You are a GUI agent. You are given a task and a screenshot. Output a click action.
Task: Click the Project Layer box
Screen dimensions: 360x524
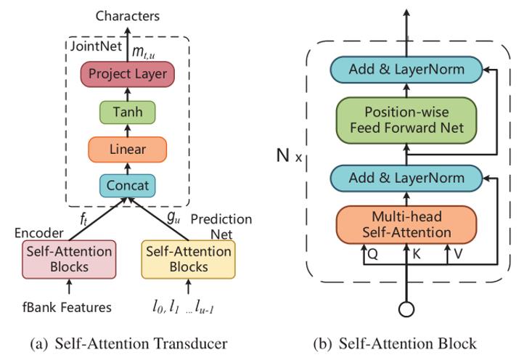point(128,73)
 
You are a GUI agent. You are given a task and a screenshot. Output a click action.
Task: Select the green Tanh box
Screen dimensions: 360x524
point(127,112)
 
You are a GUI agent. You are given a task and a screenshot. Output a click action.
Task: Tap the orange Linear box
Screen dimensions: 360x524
point(128,150)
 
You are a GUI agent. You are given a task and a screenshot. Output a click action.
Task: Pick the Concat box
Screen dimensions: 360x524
point(128,185)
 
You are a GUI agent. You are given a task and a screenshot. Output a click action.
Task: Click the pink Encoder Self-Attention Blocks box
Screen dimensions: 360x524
point(69,258)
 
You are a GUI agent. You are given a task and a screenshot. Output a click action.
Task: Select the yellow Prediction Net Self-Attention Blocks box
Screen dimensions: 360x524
point(188,258)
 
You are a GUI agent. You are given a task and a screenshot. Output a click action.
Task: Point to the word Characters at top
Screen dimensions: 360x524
point(128,15)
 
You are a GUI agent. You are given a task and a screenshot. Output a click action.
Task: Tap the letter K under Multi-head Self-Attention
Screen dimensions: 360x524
point(417,255)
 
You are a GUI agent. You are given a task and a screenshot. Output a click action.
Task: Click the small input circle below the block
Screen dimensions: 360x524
point(407,308)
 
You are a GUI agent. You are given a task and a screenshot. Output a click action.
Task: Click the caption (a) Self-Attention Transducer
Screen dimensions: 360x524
point(129,343)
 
